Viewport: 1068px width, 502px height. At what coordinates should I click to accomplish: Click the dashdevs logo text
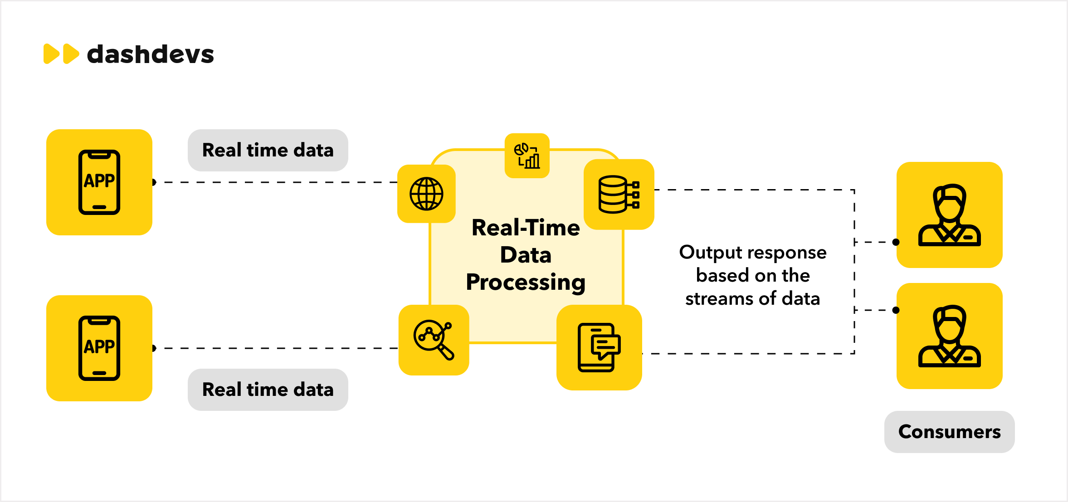pyautogui.click(x=150, y=54)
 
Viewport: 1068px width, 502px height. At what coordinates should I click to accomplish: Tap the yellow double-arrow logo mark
pyautogui.click(x=61, y=54)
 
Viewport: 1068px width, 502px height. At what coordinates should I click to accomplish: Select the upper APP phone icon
pyautogui.click(x=99, y=182)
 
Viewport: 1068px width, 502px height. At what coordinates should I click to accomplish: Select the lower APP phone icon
pyautogui.click(x=99, y=348)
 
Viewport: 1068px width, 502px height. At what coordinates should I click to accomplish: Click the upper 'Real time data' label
pyautogui.click(x=268, y=150)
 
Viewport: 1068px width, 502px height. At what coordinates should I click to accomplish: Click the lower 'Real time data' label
pyautogui.click(x=268, y=390)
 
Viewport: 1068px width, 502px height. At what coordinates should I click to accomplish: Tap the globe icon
pyautogui.click(x=426, y=194)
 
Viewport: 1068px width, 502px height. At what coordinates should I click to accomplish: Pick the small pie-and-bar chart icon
pyautogui.click(x=527, y=156)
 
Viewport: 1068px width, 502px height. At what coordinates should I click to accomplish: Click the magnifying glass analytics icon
pyautogui.click(x=434, y=340)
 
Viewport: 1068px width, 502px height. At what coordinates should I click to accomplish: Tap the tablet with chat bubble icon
pyautogui.click(x=599, y=347)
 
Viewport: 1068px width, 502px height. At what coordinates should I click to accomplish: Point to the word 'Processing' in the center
pyautogui.click(x=526, y=283)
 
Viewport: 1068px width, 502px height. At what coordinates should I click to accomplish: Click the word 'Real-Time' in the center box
pyautogui.click(x=526, y=228)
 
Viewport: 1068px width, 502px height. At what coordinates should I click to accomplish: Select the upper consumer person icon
pyautogui.click(x=949, y=215)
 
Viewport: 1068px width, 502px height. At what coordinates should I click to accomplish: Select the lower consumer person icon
pyautogui.click(x=949, y=336)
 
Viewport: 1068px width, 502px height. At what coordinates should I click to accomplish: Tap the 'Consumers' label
pyautogui.click(x=949, y=432)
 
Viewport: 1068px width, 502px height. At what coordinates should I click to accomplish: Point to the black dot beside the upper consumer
pyautogui.click(x=896, y=242)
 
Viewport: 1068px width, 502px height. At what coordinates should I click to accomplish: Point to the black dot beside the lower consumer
pyautogui.click(x=896, y=310)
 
